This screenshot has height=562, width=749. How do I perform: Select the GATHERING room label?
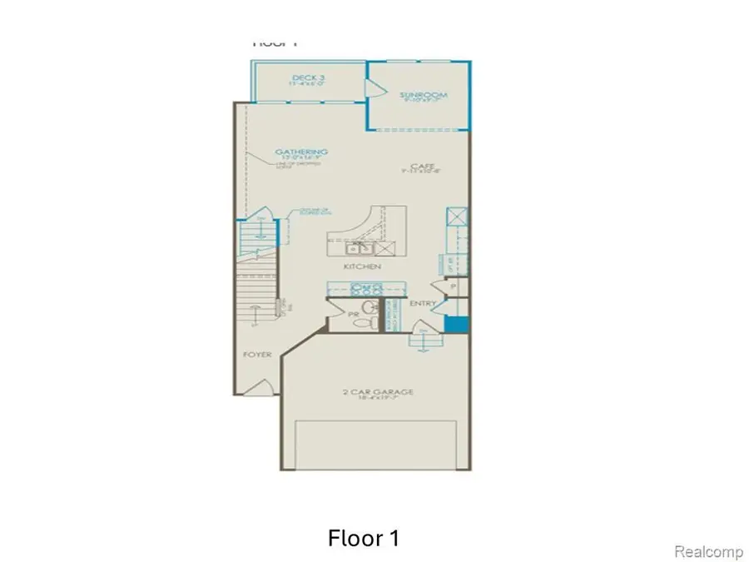coord(300,152)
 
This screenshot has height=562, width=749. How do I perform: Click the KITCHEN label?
coord(362,266)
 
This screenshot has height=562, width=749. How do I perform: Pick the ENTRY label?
coord(423,304)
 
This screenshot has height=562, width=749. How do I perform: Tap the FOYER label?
coord(257,355)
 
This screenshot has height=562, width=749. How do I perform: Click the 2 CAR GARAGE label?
coord(379,392)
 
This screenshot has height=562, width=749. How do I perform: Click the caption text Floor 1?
coord(364,538)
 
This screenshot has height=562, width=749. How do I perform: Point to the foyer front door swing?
coord(260,386)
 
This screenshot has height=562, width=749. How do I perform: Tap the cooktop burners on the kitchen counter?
coord(365,289)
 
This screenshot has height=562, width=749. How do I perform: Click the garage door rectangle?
coord(379,445)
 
